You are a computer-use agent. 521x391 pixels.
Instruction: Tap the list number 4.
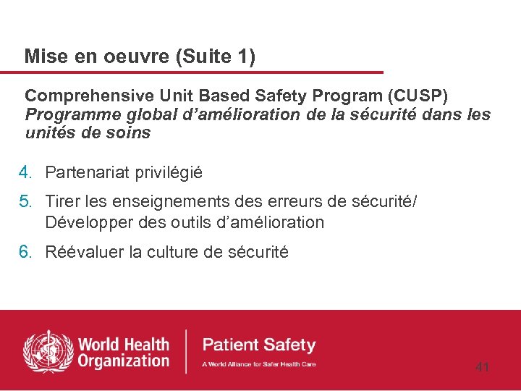[25, 172]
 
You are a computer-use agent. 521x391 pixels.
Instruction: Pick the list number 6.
[25, 252]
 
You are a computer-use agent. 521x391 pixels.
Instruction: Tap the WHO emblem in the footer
[48, 351]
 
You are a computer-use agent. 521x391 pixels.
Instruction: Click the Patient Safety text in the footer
[259, 345]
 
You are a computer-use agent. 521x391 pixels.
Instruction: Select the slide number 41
[482, 368]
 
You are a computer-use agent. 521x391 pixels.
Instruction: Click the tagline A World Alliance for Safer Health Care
[259, 363]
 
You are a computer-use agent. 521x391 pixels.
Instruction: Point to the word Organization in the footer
[123, 361]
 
